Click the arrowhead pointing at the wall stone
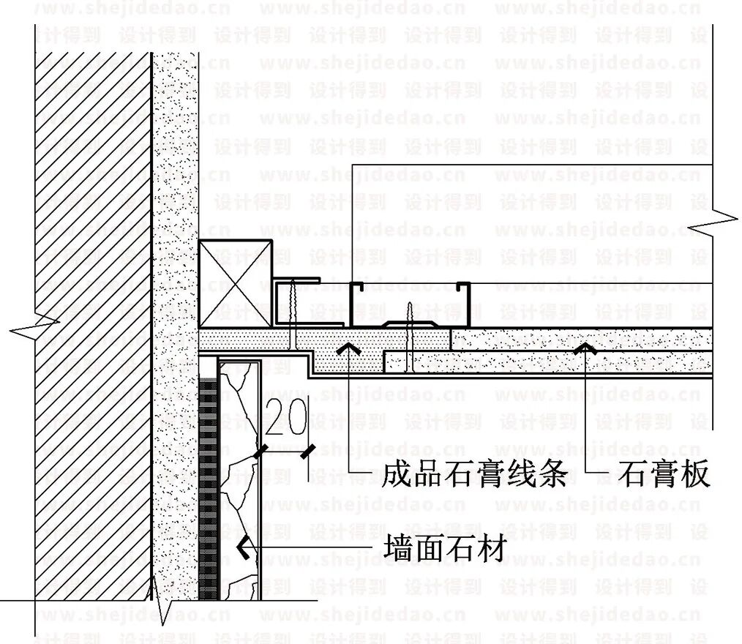tap(241, 547)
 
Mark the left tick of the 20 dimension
tap(259, 452)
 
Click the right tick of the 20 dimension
tap(310, 452)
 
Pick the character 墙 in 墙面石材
tap(399, 547)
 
